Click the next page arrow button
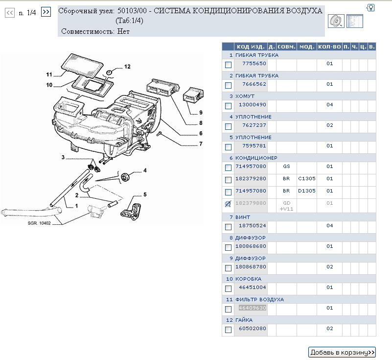pos(46,12)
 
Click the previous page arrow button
pos(9,13)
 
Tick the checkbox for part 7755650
pos(228,65)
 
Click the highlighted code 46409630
pos(252,308)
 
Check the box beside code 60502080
pos(228,330)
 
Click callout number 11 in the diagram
pos(49,75)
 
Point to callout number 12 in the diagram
pos(127,67)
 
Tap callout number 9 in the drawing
pos(201,113)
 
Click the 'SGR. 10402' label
pos(39,224)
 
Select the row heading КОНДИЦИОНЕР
pos(256,158)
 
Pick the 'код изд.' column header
pos(251,47)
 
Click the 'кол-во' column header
pos(329,47)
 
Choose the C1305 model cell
pos(307,179)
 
